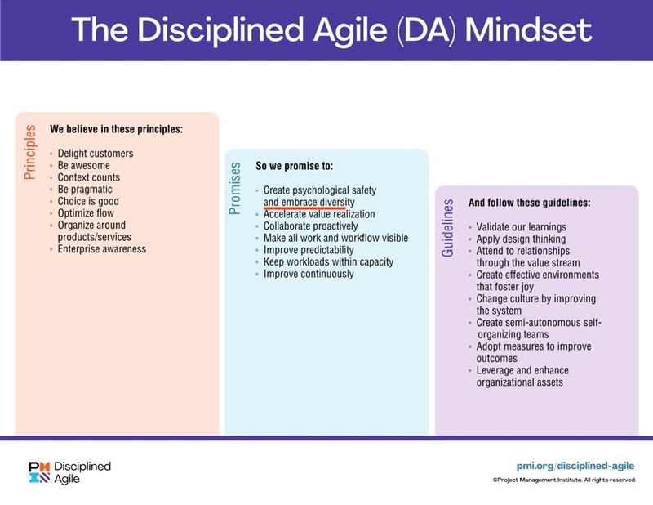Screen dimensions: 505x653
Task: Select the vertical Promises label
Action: pyautogui.click(x=236, y=189)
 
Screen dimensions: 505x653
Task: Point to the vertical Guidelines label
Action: pyautogui.click(x=447, y=227)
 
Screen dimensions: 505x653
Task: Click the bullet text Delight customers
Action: pyautogui.click(x=96, y=154)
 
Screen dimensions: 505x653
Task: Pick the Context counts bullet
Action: pyautogui.click(x=89, y=177)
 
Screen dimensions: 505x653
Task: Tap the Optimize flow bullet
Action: pyautogui.click(x=87, y=213)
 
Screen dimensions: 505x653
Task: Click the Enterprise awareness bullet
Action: pyautogui.click(x=102, y=248)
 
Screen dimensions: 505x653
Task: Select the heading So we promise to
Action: pyautogui.click(x=295, y=166)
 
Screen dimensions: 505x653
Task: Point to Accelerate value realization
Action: pyautogui.click(x=319, y=214)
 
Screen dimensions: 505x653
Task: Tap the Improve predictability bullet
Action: pyautogui.click(x=313, y=250)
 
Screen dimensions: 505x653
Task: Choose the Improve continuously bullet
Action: pyautogui.click(x=309, y=274)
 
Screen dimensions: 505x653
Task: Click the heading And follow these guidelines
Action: pyautogui.click(x=529, y=203)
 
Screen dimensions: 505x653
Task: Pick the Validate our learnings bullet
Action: pyautogui.click(x=522, y=226)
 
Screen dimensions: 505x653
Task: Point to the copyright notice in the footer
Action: pyautogui.click(x=563, y=480)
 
